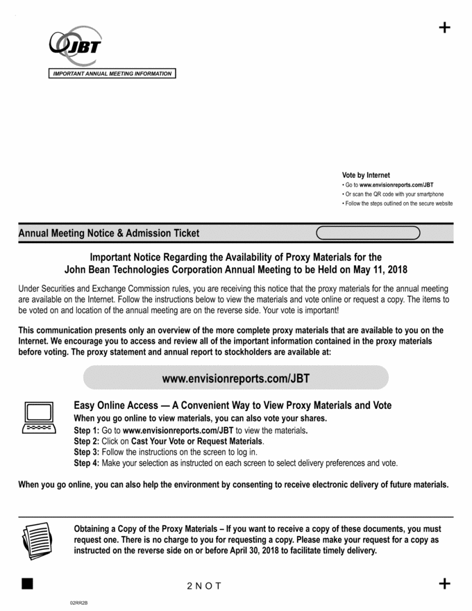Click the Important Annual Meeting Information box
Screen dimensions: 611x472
coord(112,74)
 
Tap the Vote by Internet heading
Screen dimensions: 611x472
coord(366,175)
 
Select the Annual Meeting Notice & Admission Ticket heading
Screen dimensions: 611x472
coord(108,233)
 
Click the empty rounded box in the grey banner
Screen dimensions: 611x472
coord(368,233)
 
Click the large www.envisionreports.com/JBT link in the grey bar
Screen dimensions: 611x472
coord(236,378)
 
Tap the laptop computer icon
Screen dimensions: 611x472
coord(39,417)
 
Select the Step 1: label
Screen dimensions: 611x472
coord(87,430)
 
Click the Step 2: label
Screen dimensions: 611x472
coord(87,442)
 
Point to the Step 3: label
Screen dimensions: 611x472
coord(87,452)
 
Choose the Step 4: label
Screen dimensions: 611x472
coord(87,463)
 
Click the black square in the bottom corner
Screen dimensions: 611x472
coord(27,583)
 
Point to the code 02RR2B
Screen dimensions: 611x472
coord(78,603)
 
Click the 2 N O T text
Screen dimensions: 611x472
coord(204,586)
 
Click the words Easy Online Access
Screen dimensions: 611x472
coord(116,405)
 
